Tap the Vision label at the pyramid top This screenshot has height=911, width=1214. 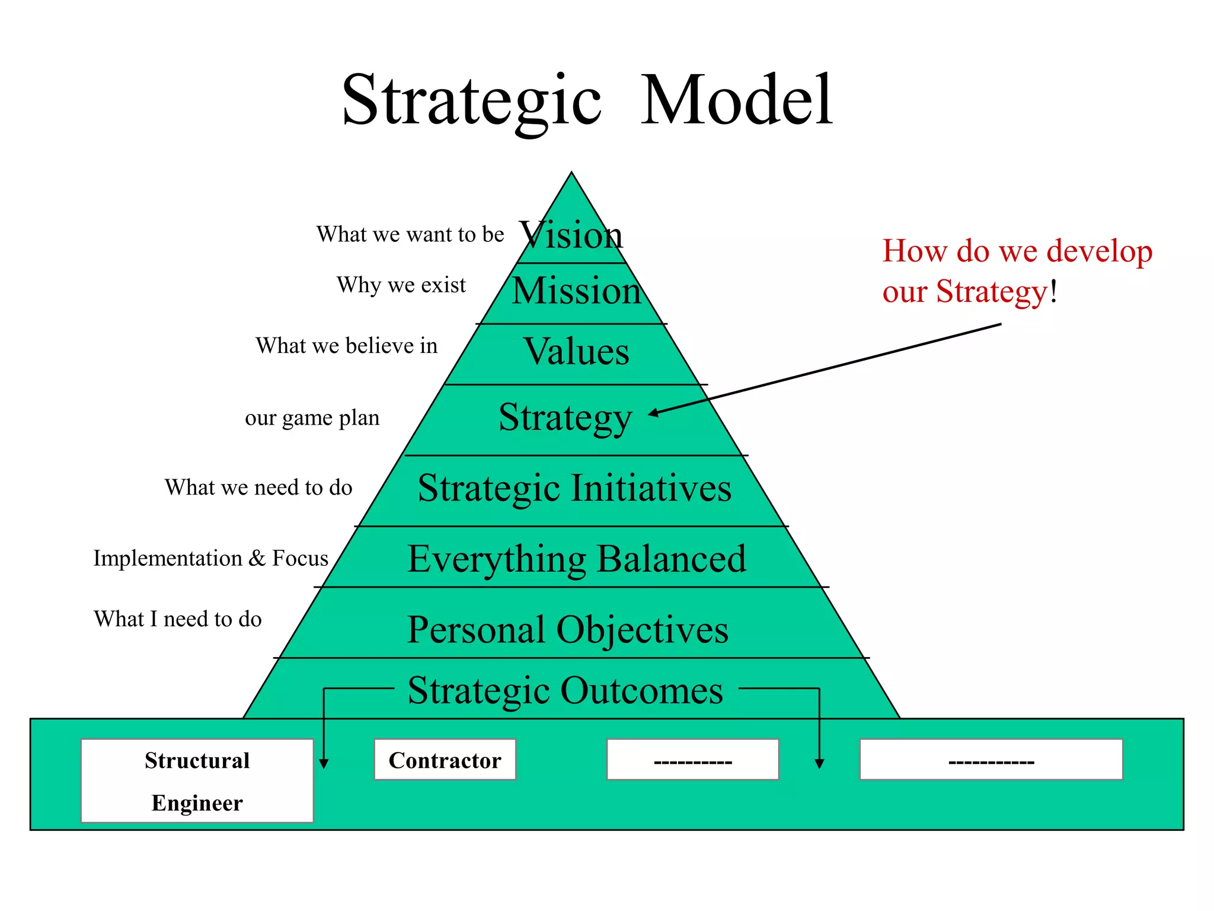pos(571,235)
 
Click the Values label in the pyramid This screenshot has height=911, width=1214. pos(576,351)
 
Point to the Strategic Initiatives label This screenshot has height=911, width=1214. pos(574,488)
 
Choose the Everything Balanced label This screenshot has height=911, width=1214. pos(577,559)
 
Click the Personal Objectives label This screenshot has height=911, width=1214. pos(568,629)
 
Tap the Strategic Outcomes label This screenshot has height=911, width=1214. pos(566,690)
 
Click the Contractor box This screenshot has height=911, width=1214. pos(445,760)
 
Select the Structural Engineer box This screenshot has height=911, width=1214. pos(197,781)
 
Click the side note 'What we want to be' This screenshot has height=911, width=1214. pos(410,234)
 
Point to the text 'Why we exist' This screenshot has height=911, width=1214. pos(401,285)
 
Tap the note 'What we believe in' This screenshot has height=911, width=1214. pos(347,346)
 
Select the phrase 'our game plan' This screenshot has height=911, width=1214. pos(312,418)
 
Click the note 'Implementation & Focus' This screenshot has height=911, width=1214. pos(210,558)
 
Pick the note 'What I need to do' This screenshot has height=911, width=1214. pos(178,619)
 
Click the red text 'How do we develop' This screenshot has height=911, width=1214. pos(1017,251)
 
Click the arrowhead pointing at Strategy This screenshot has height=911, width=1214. pos(653,413)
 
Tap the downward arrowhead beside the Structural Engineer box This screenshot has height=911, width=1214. pos(324,763)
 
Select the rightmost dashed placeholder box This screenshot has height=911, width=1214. pos(991,760)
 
